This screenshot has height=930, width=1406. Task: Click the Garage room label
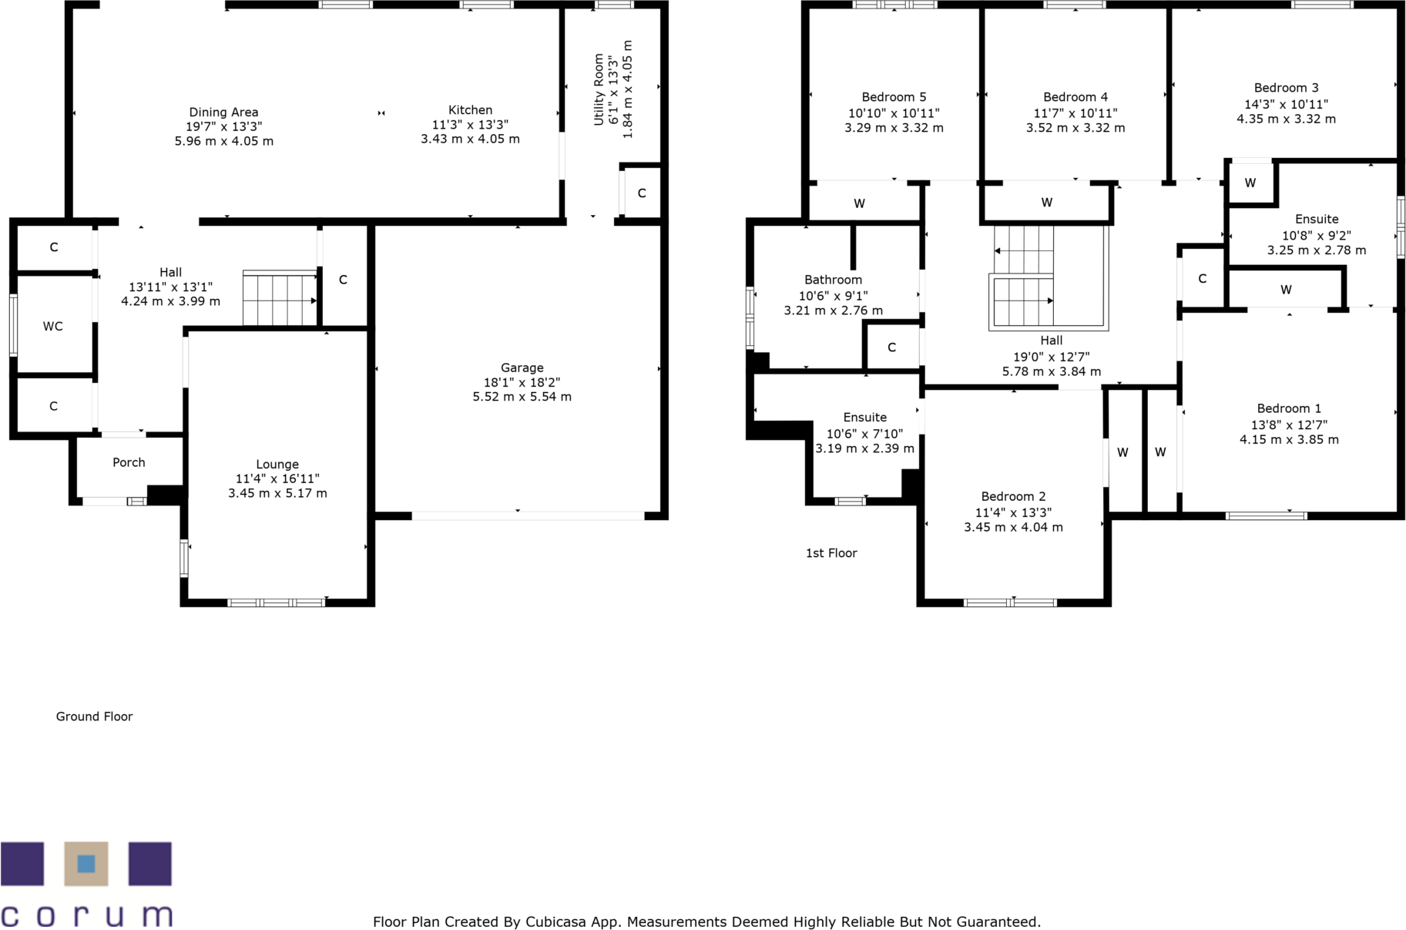tap(522, 368)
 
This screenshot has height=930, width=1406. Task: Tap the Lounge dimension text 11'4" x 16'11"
tap(277, 478)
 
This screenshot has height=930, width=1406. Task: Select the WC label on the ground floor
tap(52, 326)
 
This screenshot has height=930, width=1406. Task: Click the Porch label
tap(129, 462)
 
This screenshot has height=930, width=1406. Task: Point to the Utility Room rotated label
tap(599, 89)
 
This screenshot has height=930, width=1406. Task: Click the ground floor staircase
tap(279, 298)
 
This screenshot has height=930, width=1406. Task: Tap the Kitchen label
tap(470, 110)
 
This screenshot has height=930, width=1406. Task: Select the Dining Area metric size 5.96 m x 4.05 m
tap(223, 141)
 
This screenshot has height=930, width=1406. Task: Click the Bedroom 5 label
tap(894, 97)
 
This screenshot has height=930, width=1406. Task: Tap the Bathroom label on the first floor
tap(833, 280)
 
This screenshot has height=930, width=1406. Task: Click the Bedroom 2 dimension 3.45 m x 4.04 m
tap(1013, 527)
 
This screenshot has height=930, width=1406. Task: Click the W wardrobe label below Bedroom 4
tap(1046, 203)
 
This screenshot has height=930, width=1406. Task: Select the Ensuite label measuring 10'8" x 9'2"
tap(1316, 220)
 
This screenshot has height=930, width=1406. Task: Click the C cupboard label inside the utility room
tap(641, 193)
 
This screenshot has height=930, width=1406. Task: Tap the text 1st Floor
tap(831, 553)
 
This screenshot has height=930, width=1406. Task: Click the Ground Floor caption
tap(94, 717)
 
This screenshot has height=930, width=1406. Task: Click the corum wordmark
tap(86, 915)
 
